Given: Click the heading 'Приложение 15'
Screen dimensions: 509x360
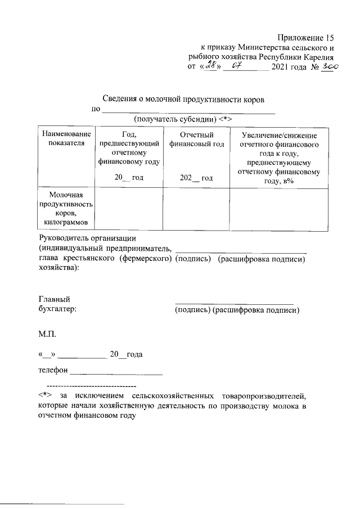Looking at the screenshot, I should click(305, 38).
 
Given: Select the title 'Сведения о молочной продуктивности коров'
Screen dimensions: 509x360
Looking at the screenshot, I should click(183, 98).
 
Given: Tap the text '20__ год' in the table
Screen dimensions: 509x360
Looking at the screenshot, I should click(129, 178).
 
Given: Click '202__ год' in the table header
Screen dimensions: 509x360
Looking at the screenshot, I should click(196, 178).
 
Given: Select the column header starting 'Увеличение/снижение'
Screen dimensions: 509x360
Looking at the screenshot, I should click(280, 136).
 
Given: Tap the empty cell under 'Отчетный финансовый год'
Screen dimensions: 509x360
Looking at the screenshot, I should click(196, 209).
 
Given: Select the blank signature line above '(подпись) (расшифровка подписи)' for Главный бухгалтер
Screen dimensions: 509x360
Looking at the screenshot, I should click(234, 303).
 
